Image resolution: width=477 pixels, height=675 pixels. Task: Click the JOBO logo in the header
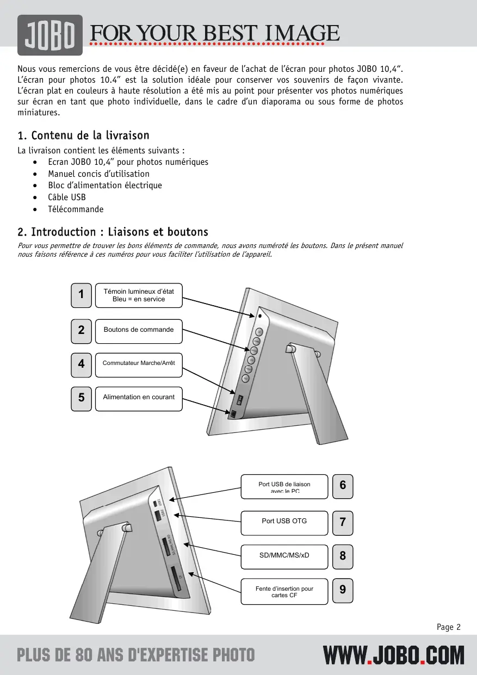click(x=50, y=35)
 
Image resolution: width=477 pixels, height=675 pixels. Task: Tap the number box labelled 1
click(x=81, y=295)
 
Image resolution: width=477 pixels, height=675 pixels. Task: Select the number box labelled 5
click(x=81, y=398)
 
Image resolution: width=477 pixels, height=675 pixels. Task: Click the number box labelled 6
click(x=343, y=486)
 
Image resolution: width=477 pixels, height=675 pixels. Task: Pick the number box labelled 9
click(x=343, y=590)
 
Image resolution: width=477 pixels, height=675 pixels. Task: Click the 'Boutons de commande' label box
click(x=139, y=331)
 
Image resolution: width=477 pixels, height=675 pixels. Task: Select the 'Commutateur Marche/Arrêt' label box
click(x=139, y=364)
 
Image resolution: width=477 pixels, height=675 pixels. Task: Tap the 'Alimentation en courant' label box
click(x=139, y=398)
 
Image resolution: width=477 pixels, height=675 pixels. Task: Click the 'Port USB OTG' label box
click(x=284, y=522)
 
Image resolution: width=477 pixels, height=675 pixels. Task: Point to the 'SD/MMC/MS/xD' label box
click(x=284, y=556)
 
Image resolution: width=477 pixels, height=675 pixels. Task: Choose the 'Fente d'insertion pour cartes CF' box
click(x=284, y=592)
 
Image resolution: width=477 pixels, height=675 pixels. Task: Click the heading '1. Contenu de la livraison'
click(x=83, y=135)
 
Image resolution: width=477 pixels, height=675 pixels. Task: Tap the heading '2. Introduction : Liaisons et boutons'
click(x=113, y=232)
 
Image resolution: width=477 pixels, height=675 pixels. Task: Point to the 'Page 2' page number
click(x=449, y=627)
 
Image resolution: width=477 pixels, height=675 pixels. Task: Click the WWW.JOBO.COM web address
click(x=394, y=655)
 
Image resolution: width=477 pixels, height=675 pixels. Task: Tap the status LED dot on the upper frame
click(x=260, y=315)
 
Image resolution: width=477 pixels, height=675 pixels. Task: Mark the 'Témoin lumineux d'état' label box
click(x=139, y=295)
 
